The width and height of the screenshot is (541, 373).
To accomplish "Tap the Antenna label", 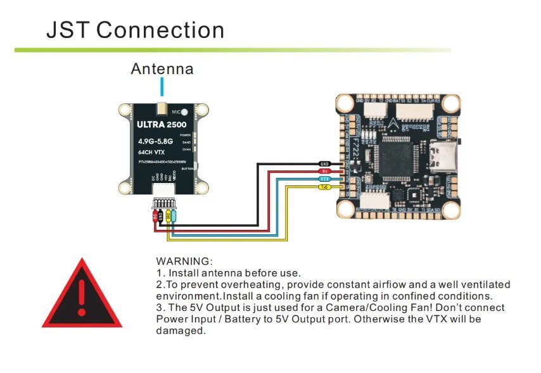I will click(162, 68).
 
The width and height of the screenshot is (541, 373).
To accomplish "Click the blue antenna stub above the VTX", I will click(162, 87).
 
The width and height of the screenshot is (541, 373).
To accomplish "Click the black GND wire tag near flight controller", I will click(324, 163).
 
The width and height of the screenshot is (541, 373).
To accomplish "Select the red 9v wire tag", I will click(324, 171).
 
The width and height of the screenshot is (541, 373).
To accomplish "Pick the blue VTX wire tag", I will click(324, 179).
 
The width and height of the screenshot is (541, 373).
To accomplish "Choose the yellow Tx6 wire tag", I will click(324, 187).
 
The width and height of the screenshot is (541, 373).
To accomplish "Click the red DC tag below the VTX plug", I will click(155, 216).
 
